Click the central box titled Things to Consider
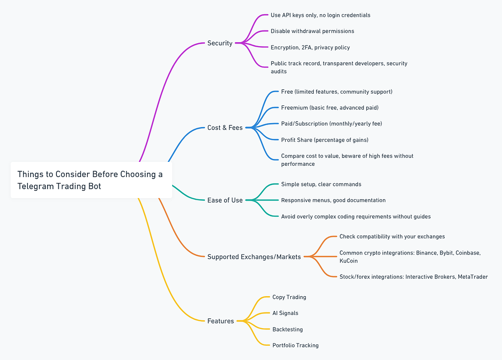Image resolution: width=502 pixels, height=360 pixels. [91, 180]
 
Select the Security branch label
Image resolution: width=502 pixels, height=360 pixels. [220, 43]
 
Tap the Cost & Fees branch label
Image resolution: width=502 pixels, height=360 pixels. [225, 128]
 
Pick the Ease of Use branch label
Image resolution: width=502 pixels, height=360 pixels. [225, 200]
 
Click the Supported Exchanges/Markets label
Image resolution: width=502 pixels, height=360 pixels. [254, 257]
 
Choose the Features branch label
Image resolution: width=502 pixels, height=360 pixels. [221, 321]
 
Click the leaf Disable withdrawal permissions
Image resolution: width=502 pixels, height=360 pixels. [312, 31]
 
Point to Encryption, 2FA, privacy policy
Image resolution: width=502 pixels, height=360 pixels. [310, 48]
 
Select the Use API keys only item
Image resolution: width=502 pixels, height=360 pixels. [320, 15]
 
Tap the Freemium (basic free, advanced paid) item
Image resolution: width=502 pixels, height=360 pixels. [330, 107]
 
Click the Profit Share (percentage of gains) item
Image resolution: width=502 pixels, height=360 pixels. [325, 140]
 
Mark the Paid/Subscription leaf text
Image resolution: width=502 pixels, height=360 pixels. [331, 124]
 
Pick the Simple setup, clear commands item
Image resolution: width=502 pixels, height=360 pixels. [321, 184]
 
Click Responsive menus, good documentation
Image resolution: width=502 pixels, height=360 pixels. [333, 200]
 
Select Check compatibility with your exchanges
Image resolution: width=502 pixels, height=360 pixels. [392, 236]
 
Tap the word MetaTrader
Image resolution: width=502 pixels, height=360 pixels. [473, 277]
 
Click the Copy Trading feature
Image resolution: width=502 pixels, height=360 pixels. [289, 297]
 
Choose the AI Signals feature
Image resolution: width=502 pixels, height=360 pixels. [285, 313]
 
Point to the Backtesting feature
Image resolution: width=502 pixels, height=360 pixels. [287, 329]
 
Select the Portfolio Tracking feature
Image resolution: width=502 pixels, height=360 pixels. [295, 345]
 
